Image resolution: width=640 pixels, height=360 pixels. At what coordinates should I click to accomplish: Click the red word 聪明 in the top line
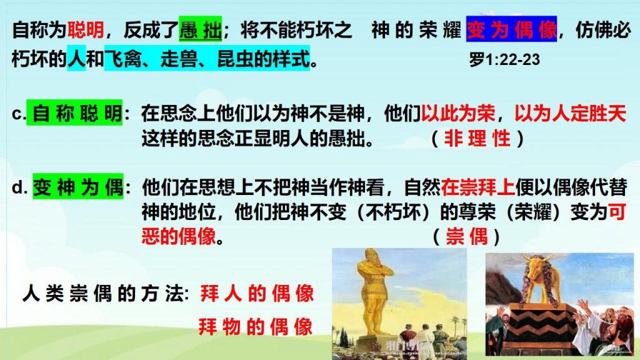(x=85, y=30)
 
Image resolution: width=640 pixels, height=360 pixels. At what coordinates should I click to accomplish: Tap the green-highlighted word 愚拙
(x=201, y=29)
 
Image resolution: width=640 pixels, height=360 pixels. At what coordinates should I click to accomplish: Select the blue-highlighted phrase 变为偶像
(x=511, y=29)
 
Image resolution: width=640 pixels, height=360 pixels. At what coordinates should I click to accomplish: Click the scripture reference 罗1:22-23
(x=504, y=59)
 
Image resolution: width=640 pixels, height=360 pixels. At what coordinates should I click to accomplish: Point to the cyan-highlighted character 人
(x=76, y=58)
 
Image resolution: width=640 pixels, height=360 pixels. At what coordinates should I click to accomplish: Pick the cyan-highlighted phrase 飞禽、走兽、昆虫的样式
(x=207, y=58)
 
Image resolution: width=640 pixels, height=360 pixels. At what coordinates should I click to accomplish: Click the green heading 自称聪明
(x=75, y=112)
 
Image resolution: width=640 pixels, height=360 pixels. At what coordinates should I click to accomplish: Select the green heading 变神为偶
(x=78, y=187)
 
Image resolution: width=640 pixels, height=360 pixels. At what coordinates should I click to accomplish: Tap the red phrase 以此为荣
(x=458, y=113)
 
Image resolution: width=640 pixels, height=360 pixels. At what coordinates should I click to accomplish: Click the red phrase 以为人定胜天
(x=570, y=113)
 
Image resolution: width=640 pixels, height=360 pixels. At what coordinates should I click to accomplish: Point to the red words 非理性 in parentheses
(x=477, y=138)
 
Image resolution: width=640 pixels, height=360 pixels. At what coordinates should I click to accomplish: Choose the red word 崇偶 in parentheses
(x=466, y=236)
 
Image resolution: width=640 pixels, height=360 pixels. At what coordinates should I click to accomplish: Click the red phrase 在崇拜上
(x=477, y=187)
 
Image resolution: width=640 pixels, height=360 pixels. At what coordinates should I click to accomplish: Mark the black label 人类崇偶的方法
(x=106, y=293)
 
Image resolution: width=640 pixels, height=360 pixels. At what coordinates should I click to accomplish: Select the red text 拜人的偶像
(x=257, y=294)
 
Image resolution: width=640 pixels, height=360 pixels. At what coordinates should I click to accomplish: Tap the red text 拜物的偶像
(x=256, y=327)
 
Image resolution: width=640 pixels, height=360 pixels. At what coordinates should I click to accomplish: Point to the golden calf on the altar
(x=538, y=277)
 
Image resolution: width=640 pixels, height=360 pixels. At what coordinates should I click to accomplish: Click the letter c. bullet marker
(x=19, y=114)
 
